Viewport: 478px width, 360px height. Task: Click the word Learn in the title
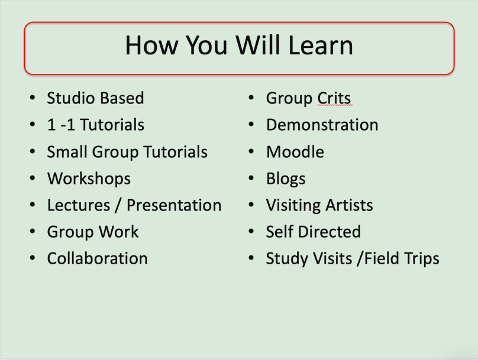click(x=321, y=45)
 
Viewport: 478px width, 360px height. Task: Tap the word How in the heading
click(x=151, y=45)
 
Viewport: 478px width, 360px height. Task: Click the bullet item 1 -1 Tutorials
click(x=96, y=125)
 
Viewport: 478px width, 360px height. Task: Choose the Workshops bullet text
click(x=89, y=179)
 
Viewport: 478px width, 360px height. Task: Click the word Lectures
click(x=79, y=205)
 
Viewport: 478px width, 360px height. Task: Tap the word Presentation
click(x=174, y=205)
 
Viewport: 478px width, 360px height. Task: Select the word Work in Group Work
click(x=118, y=232)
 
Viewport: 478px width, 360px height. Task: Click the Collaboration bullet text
click(x=98, y=258)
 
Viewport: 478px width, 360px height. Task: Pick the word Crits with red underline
click(x=334, y=98)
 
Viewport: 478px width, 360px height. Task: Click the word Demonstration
click(x=322, y=125)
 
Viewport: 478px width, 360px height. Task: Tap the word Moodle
click(x=295, y=152)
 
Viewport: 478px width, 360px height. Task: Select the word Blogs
click(x=286, y=179)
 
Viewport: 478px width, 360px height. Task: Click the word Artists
click(x=350, y=205)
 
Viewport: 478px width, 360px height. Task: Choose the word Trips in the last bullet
click(x=422, y=259)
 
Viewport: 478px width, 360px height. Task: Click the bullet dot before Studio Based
click(x=33, y=98)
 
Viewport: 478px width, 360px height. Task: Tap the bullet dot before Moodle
click(x=251, y=151)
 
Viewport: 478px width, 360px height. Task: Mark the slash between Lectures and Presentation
click(x=118, y=206)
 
